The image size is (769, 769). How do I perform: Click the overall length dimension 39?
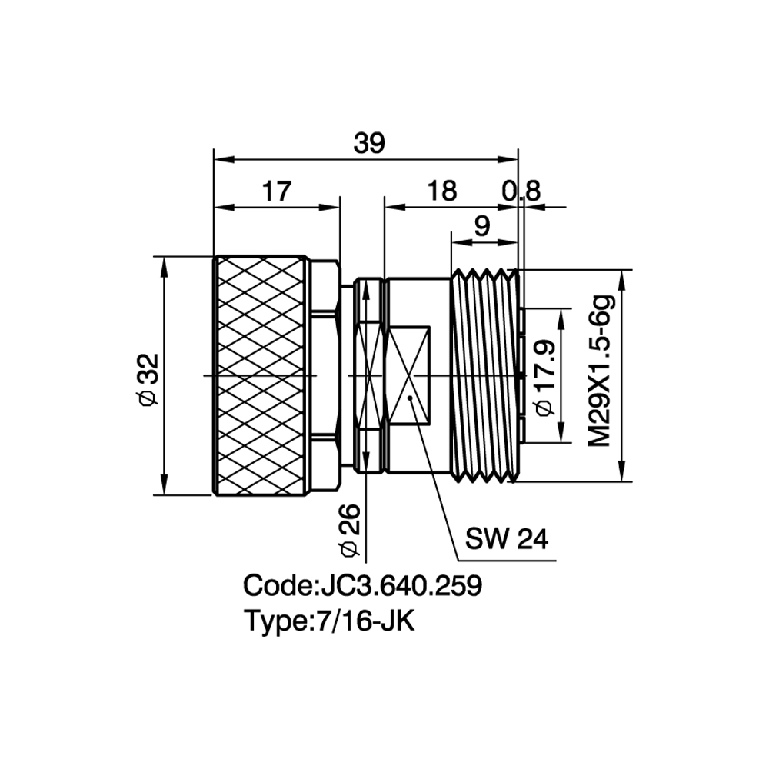[369, 143]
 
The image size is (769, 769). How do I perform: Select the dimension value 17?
[277, 191]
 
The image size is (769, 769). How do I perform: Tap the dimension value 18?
[442, 191]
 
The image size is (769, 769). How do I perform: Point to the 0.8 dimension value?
[521, 191]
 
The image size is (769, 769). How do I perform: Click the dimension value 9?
[483, 226]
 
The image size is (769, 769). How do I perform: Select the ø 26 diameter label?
[350, 530]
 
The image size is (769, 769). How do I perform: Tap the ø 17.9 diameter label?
[544, 377]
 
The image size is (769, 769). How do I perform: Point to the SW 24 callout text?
[506, 539]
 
